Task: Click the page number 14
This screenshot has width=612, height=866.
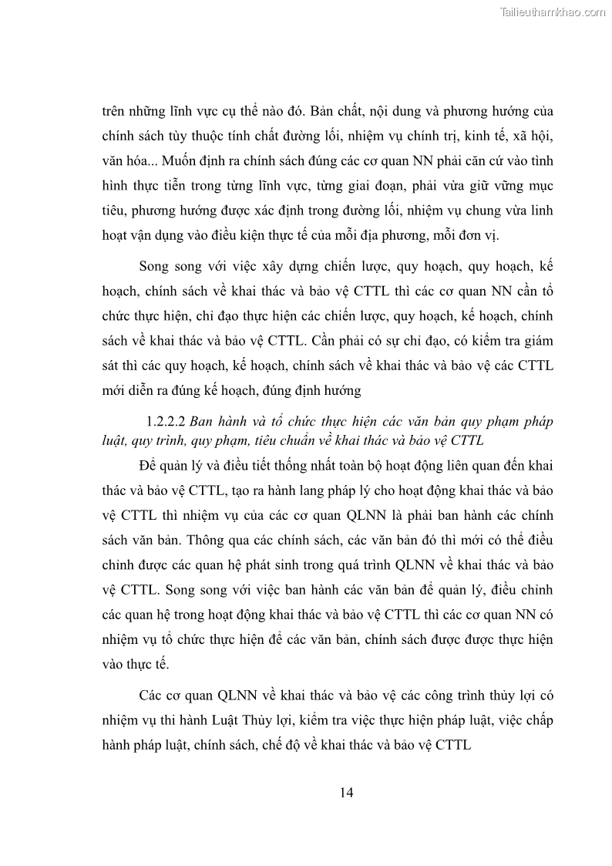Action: tap(345, 794)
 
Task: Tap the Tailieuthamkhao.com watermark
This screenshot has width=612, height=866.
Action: tap(553, 12)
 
